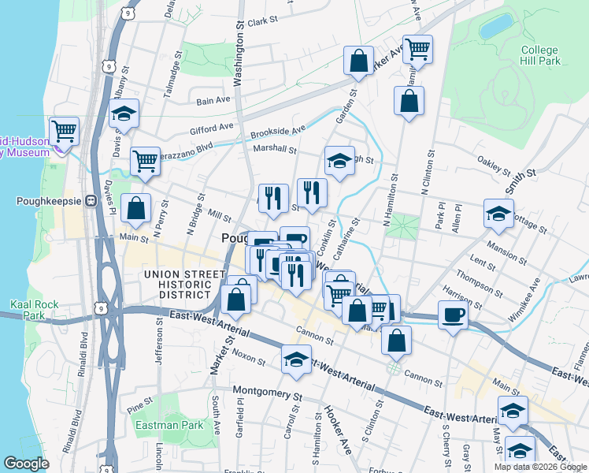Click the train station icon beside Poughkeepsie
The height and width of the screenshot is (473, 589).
(x=91, y=200)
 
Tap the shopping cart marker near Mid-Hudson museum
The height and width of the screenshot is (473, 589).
(x=63, y=130)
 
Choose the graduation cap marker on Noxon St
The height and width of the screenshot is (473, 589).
(x=295, y=360)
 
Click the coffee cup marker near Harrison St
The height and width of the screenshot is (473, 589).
(x=453, y=316)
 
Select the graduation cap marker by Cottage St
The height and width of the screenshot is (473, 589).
(x=498, y=214)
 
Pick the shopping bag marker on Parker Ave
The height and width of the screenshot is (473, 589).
(x=358, y=61)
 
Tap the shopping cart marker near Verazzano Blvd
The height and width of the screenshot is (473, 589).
(x=145, y=161)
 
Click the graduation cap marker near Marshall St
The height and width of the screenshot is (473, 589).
(x=339, y=161)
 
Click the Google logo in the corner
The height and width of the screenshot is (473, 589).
(x=26, y=464)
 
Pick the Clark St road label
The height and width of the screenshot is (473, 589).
(x=264, y=23)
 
